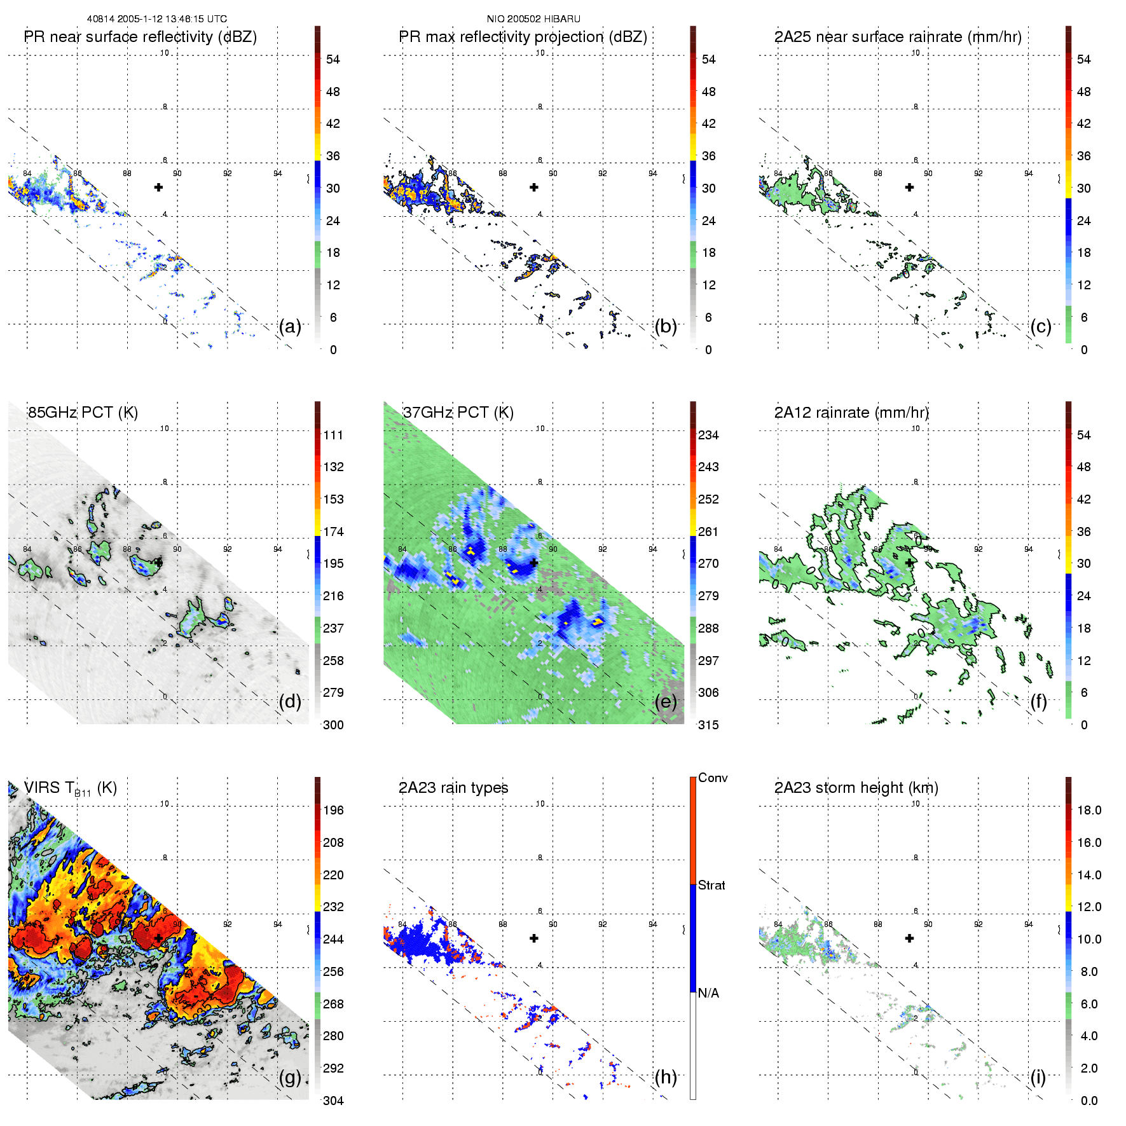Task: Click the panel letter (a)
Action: point(290,327)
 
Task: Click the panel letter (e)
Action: point(666,702)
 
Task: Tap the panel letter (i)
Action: point(1038,1077)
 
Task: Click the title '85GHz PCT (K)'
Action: point(83,413)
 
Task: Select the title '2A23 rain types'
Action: point(453,788)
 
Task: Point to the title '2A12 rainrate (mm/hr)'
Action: point(851,413)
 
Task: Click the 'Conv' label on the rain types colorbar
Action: point(713,778)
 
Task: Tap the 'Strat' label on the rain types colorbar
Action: point(711,885)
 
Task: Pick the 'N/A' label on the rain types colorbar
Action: point(708,993)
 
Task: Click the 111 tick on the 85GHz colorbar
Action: point(333,435)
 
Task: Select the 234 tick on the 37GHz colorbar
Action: point(708,435)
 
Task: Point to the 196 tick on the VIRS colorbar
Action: point(333,810)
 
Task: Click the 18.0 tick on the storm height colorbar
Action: point(1089,810)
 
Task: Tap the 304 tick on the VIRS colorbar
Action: point(333,1101)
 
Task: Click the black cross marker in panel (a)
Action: point(158,187)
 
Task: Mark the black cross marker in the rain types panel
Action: point(534,938)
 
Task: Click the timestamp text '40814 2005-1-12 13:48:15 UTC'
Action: point(157,19)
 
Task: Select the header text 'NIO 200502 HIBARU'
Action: point(533,19)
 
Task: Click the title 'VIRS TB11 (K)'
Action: point(70,788)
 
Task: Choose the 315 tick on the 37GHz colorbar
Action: point(708,725)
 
